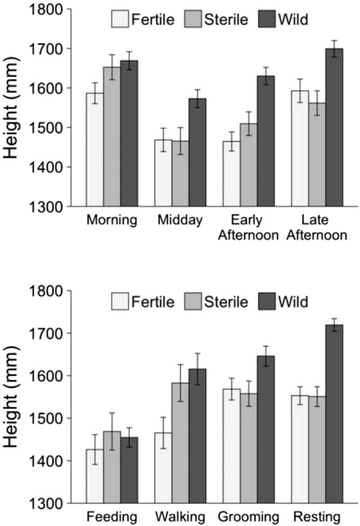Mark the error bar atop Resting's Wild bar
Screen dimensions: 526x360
tap(334, 324)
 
